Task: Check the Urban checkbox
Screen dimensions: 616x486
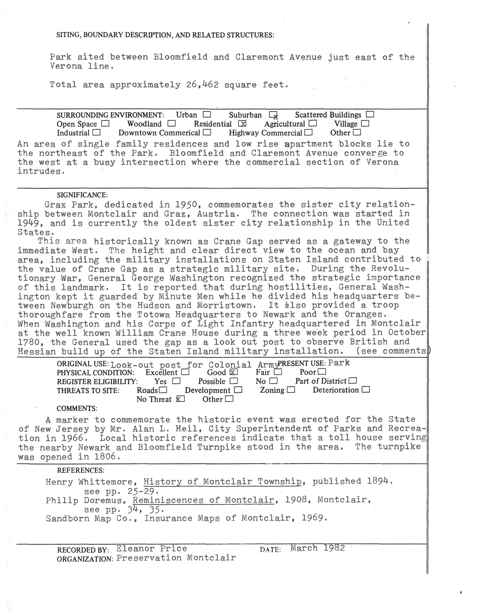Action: (x=207, y=115)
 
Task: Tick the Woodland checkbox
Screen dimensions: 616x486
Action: (x=172, y=124)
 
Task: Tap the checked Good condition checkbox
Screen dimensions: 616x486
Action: (x=233, y=372)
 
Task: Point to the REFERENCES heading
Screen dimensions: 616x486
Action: (x=81, y=470)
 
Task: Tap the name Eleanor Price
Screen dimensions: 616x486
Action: (x=151, y=548)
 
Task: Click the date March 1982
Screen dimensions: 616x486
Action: (x=318, y=548)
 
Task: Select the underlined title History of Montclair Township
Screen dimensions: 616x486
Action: (x=222, y=482)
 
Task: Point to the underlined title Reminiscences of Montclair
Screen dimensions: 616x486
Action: (x=204, y=500)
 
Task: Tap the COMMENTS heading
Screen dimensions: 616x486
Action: (x=77, y=408)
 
